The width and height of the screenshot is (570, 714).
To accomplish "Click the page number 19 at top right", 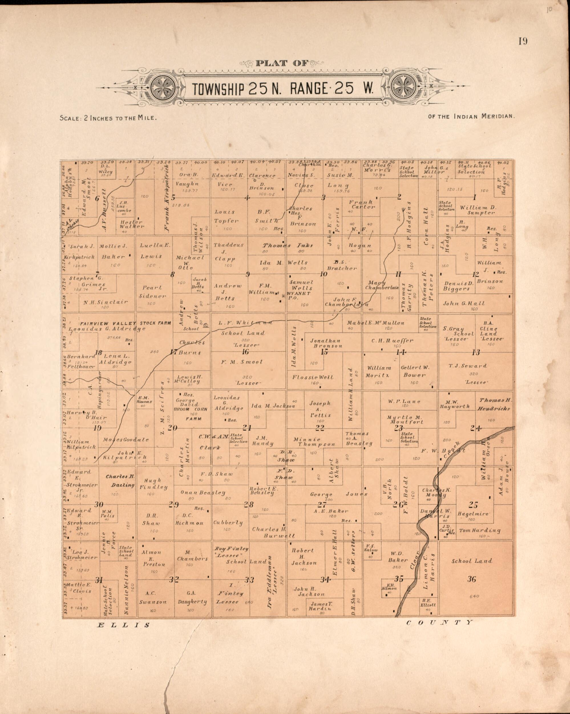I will pos(523,41).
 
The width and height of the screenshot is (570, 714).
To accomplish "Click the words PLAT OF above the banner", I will pos(281,63).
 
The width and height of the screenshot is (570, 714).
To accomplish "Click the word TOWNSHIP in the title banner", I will pos(218,89).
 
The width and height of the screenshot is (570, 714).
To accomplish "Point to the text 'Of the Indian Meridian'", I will pos(471,116).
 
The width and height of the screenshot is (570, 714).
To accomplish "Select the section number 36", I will pos(472,579).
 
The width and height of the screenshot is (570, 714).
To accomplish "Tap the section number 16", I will pos(245,352).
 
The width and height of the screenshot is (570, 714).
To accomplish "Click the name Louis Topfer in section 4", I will pos(225,216).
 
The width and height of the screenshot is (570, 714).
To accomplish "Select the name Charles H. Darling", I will pos(120,480).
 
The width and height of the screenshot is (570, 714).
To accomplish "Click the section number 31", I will pos(99,580).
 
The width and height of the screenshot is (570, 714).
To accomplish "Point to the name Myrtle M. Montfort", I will pos(405,420).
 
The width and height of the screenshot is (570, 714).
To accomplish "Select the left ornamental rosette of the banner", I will pos(163,89).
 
